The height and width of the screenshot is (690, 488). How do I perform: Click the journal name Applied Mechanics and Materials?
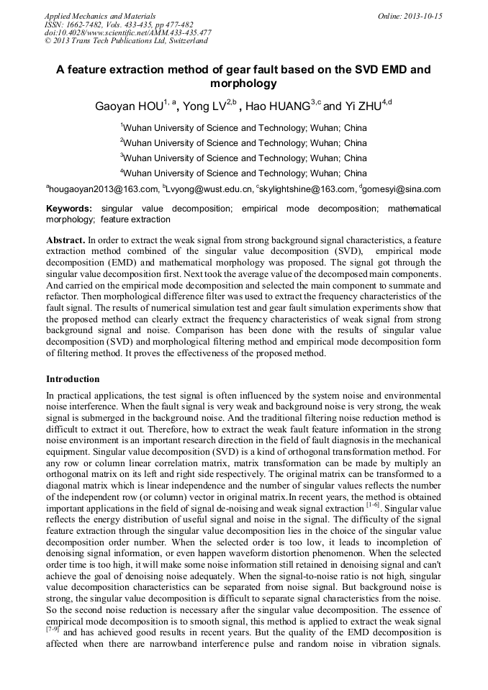tap(100, 16)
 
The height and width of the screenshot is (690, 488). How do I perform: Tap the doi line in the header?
tap(128, 32)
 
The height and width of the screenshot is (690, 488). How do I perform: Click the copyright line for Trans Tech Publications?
tap(126, 41)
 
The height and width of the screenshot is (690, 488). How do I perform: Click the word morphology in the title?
tap(243, 83)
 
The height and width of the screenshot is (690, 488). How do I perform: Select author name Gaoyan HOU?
tap(128, 107)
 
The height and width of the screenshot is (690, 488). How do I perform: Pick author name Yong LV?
tap(204, 107)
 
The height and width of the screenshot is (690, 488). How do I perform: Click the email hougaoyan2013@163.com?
tap(104, 190)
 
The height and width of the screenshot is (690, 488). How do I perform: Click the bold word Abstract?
tap(65, 238)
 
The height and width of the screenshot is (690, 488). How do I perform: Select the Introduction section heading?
tap(73, 378)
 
